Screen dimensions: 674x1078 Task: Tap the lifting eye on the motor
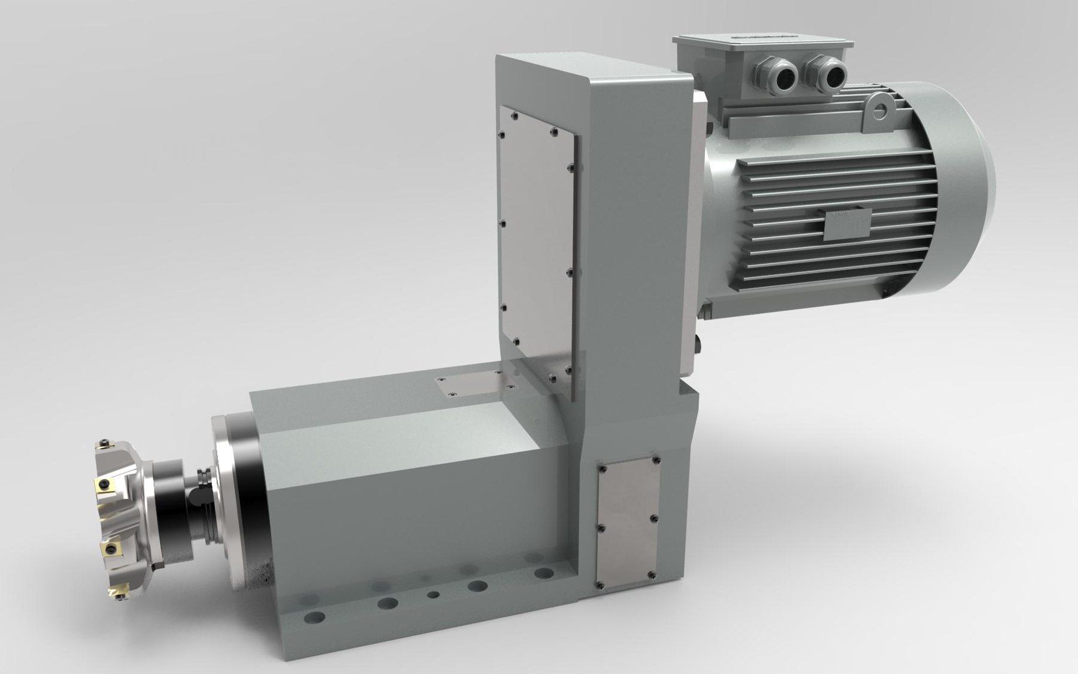tap(880, 110)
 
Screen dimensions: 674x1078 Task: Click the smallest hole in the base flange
tap(432, 595)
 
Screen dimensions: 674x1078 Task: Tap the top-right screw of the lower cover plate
tap(655, 460)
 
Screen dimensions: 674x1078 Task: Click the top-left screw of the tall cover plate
tap(512, 115)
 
